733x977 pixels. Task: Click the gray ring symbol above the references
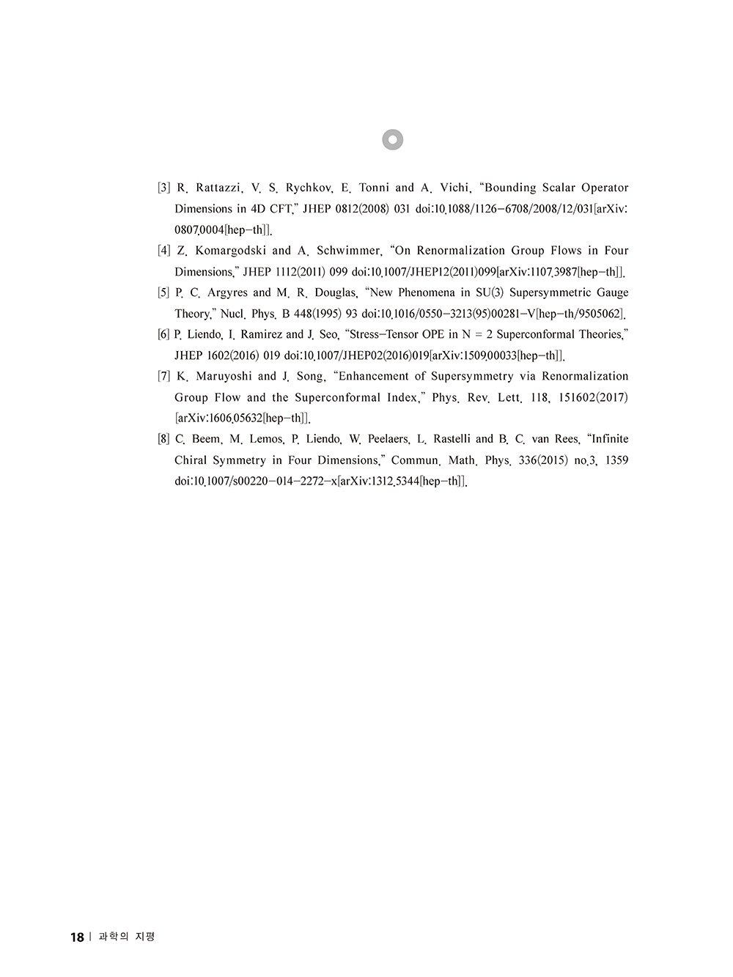tap(393, 139)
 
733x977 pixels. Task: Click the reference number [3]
tap(164, 188)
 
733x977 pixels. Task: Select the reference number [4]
tap(164, 251)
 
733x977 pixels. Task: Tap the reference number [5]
tap(164, 292)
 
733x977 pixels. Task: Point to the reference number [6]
tap(164, 334)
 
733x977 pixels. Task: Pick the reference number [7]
tap(164, 376)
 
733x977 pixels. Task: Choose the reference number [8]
tap(164, 439)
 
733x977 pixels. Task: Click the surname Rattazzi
tap(218, 188)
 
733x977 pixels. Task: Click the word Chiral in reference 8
tap(192, 460)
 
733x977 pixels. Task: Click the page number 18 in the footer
tap(77, 937)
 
